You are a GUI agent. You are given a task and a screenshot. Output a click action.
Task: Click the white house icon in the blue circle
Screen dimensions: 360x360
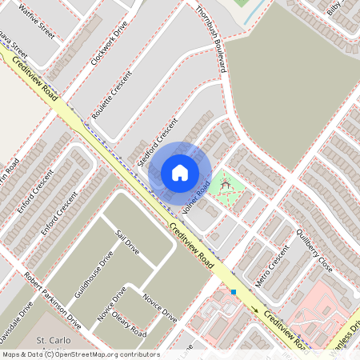tap(179, 172)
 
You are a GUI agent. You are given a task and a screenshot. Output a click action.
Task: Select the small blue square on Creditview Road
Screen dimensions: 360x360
tap(234, 292)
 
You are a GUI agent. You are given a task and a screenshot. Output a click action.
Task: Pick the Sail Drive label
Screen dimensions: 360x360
tap(128, 242)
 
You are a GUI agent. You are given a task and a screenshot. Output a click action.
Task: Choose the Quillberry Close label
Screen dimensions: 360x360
tap(314, 249)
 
